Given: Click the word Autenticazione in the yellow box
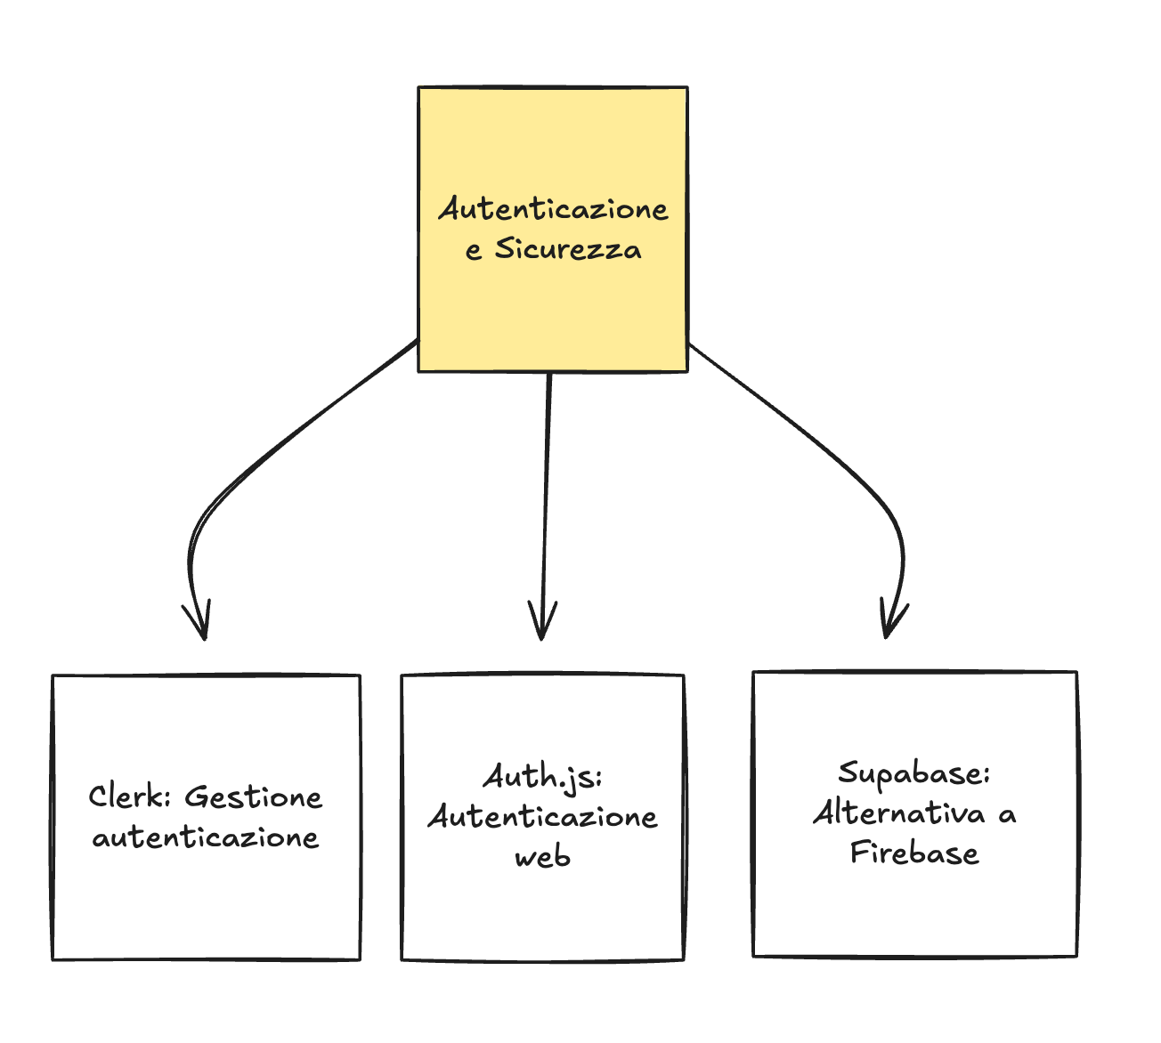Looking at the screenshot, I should point(553,209).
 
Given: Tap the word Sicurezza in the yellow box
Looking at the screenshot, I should point(568,249).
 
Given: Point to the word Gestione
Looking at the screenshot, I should point(254,796).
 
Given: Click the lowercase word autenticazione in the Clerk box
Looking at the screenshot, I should point(206,837).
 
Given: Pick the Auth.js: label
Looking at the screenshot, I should point(543,777).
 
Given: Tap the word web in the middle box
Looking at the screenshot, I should point(542,858).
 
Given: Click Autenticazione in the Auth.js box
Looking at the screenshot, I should point(543,817).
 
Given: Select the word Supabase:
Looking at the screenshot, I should point(914,772).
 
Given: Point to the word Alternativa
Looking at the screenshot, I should point(899,813).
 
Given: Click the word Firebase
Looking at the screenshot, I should point(914,853).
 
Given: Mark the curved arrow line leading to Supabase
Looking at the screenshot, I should point(828,445).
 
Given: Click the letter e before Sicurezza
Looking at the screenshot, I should point(474,251).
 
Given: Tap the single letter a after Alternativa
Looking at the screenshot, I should point(1007,815).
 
